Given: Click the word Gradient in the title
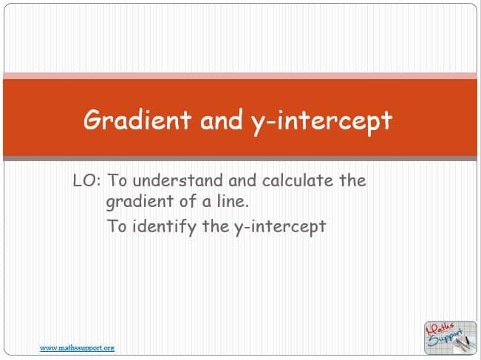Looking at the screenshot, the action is [x=137, y=120].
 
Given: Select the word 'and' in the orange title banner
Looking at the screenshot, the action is [x=221, y=120].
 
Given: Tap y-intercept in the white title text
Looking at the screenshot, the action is [x=322, y=122].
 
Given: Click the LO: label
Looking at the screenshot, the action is [x=86, y=180].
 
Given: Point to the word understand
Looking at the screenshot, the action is [x=177, y=180].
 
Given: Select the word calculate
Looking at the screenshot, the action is [x=297, y=180].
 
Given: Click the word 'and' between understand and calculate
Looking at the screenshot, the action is [x=242, y=180].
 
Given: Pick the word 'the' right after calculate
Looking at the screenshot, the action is [x=352, y=180].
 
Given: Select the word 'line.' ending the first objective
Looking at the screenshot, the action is [x=233, y=201].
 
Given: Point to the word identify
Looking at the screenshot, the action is [x=164, y=227].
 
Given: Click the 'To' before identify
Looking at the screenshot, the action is [x=117, y=226].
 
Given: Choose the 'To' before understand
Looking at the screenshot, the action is [x=117, y=180].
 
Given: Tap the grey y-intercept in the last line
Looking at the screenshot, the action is [x=280, y=228].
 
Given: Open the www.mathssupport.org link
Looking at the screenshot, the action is [x=77, y=348].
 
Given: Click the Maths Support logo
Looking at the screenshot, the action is [x=450, y=338].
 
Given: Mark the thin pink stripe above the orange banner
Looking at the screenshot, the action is [x=240, y=76].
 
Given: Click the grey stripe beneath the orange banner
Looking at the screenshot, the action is [x=240, y=158].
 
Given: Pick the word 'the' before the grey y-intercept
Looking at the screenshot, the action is [x=215, y=226].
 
